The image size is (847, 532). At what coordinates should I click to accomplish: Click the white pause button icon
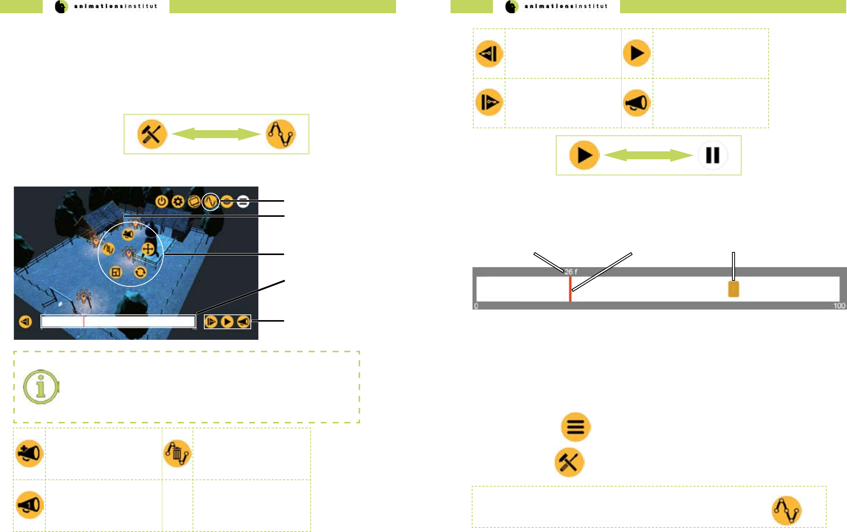click(713, 155)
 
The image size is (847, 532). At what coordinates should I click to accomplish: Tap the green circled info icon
click(41, 387)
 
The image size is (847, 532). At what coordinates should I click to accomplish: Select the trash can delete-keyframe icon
click(177, 453)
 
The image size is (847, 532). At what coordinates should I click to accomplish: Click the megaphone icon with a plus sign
click(30, 453)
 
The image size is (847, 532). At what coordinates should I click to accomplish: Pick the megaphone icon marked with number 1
click(30, 505)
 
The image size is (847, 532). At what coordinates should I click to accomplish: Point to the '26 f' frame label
click(571, 272)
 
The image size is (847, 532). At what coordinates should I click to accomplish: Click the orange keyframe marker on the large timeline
click(734, 289)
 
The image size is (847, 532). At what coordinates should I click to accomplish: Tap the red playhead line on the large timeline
click(570, 289)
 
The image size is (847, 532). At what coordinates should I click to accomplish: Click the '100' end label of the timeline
click(839, 306)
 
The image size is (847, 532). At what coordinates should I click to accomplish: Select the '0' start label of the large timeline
click(476, 306)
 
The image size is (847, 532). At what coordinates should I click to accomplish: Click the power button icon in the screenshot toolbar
click(162, 201)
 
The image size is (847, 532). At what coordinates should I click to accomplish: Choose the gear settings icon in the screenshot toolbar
click(178, 201)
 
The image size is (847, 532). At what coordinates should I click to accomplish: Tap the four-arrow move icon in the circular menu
click(148, 249)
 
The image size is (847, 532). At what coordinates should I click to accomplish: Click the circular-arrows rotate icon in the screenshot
click(140, 272)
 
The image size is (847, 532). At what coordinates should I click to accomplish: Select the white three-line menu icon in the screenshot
click(243, 201)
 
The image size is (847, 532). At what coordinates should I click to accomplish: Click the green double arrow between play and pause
click(648, 155)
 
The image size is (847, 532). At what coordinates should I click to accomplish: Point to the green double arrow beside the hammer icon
click(216, 134)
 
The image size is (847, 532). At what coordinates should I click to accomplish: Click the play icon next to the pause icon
click(584, 155)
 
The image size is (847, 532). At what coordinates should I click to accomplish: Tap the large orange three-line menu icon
click(576, 427)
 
